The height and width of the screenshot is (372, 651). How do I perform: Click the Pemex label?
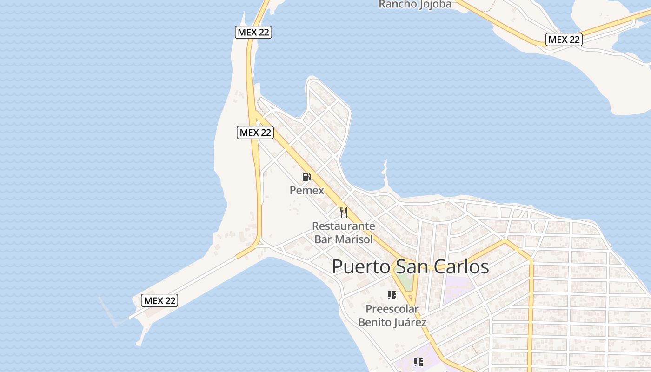pyautogui.click(x=306, y=190)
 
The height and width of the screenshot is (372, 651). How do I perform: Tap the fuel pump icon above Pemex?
pyautogui.click(x=306, y=177)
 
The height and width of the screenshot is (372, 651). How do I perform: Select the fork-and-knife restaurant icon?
pyautogui.click(x=344, y=213)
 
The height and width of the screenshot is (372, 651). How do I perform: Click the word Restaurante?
pyautogui.click(x=343, y=226)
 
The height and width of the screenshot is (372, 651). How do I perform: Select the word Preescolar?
pyautogui.click(x=392, y=309)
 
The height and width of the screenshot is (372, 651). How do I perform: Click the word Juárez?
pyautogui.click(x=409, y=322)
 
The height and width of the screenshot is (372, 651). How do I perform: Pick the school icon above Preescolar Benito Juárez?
pyautogui.click(x=392, y=295)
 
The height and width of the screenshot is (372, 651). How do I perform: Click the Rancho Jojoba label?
pyautogui.click(x=415, y=5)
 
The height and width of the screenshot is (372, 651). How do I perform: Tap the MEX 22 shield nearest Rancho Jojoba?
pyautogui.click(x=564, y=40)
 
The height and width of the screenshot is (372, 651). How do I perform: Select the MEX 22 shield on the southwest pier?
pyautogui.click(x=159, y=301)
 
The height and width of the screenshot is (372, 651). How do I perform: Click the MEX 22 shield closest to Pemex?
pyautogui.click(x=255, y=133)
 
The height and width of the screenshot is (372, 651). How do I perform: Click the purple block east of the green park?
pyautogui.click(x=458, y=288)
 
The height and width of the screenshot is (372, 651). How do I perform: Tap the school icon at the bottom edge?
pyautogui.click(x=418, y=362)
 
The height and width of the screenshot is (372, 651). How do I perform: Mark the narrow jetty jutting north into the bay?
pyautogui.click(x=385, y=174)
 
